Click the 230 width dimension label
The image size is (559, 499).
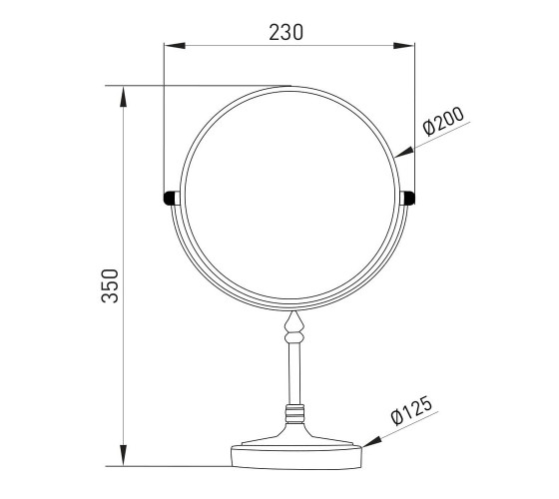[x=285, y=32]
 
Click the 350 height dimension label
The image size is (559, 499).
[x=110, y=285]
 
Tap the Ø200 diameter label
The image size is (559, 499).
[x=443, y=121]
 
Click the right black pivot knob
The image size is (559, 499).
[x=409, y=199]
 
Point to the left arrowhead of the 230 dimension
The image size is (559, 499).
[x=175, y=46]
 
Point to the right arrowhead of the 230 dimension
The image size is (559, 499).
[x=403, y=46]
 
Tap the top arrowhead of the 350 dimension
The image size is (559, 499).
[x=124, y=97]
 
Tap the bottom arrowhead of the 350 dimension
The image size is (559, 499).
[x=124, y=455]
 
